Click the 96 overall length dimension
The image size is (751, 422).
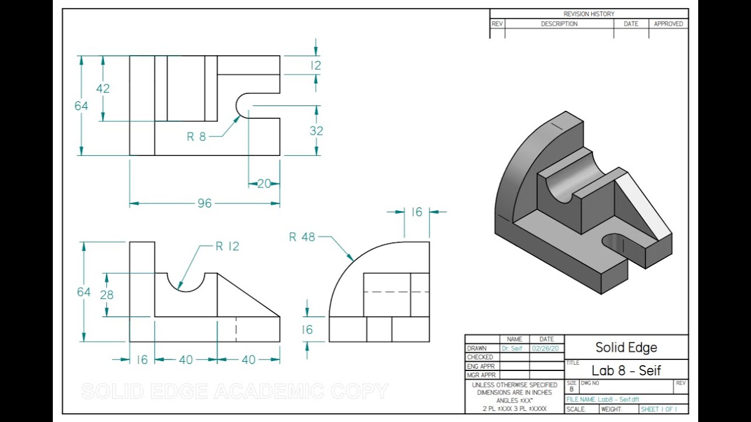tap(204, 203)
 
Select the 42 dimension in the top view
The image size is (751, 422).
tap(103, 89)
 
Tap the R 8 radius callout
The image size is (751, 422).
tap(197, 137)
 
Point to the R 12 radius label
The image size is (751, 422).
tap(227, 246)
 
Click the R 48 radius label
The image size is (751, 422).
tap(302, 237)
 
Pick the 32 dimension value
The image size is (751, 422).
tap(316, 131)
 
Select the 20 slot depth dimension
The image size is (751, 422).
tap(264, 183)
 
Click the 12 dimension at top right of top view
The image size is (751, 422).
tap(316, 66)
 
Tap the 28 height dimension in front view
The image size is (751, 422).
tap(106, 295)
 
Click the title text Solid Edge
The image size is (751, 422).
tap(626, 347)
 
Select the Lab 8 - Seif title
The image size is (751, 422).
tap(626, 370)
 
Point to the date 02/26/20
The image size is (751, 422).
tap(546, 348)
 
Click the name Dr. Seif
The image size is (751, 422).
tap(512, 348)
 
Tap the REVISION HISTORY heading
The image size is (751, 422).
tap(588, 14)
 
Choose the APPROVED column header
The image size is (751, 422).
tap(668, 24)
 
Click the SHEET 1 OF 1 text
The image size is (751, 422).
tap(659, 409)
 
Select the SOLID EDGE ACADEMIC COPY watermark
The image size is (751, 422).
tap(235, 391)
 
